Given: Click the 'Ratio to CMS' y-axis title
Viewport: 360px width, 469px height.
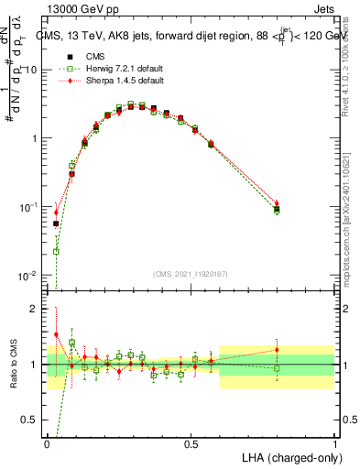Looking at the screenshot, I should click(12, 365).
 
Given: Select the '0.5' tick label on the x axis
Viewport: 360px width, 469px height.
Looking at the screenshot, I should click(191, 443).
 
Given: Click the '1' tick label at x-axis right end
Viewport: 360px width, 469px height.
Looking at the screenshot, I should click(334, 443).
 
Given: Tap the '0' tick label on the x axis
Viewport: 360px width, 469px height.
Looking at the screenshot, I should click(48, 443).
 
